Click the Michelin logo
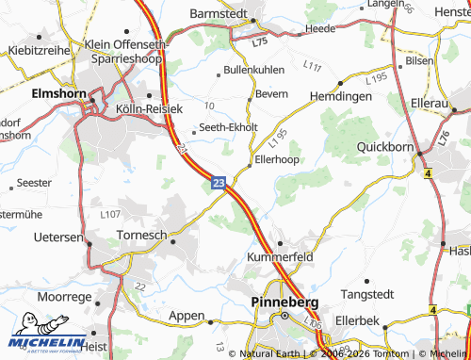pos(42,342)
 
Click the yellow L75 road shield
pos(260,42)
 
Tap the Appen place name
pos(187,316)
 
